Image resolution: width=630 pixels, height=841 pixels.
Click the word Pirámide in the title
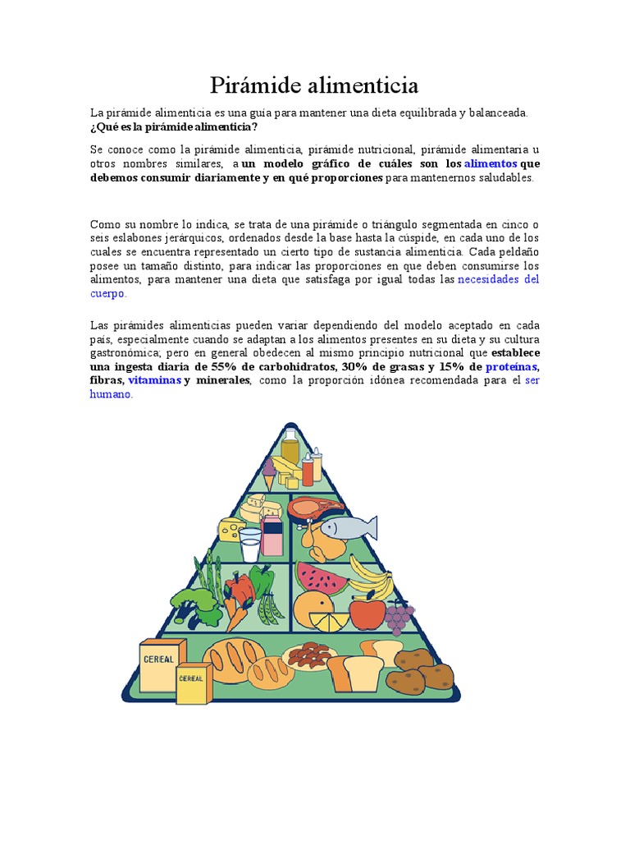pyautogui.click(x=257, y=85)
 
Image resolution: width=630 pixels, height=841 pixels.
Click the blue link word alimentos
pyautogui.click(x=491, y=163)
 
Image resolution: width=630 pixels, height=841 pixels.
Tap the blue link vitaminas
pyautogui.click(x=154, y=380)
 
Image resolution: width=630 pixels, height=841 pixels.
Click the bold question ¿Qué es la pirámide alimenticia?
pyautogui.click(x=173, y=126)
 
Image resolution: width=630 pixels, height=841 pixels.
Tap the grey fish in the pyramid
pyautogui.click(x=348, y=526)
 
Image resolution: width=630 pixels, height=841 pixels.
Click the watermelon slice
pyautogui.click(x=322, y=578)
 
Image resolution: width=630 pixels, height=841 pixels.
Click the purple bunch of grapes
pyautogui.click(x=399, y=616)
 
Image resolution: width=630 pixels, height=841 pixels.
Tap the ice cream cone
pyautogui.click(x=269, y=473)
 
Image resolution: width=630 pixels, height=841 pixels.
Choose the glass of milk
pyautogui.click(x=249, y=543)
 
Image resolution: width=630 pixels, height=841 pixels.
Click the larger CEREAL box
pyautogui.click(x=161, y=663)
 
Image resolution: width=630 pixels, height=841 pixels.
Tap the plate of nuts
pyautogui.click(x=309, y=655)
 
